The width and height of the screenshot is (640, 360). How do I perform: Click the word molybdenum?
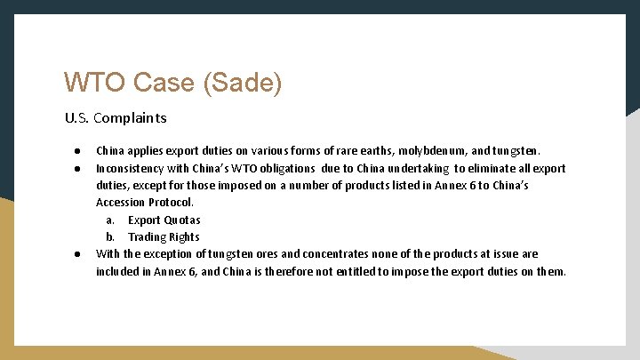[x=439, y=151]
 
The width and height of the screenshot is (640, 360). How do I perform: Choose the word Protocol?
[x=172, y=203]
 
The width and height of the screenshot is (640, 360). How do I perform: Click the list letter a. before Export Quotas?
[x=110, y=220]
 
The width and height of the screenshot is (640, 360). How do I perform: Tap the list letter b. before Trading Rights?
[x=110, y=236]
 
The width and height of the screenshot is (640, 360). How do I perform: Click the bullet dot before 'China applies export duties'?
[x=78, y=151]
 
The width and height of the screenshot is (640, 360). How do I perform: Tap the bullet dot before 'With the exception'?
[x=78, y=254]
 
